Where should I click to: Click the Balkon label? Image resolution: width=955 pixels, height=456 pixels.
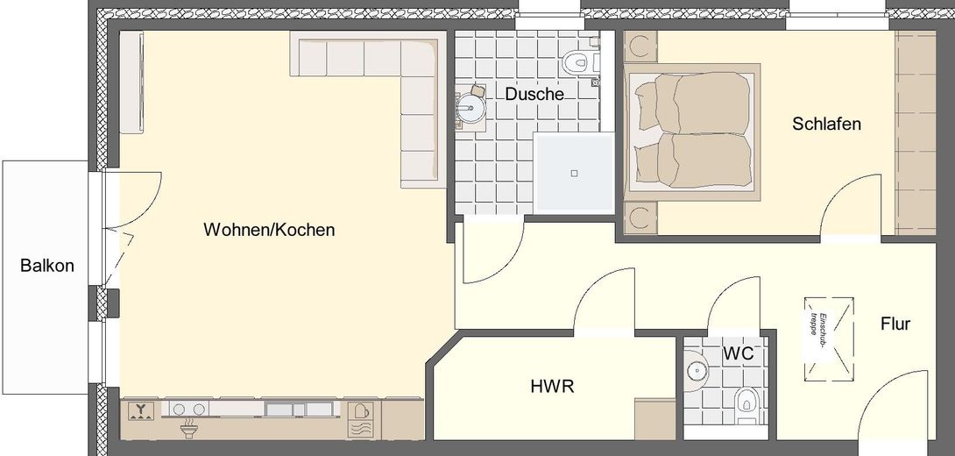click(x=47, y=266)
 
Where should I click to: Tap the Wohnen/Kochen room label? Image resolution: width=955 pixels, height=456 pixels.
click(x=269, y=231)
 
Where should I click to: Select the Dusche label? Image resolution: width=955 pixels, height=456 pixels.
click(x=534, y=94)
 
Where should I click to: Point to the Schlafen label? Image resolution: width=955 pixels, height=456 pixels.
click(x=826, y=124)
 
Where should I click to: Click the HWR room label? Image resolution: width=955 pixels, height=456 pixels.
click(x=552, y=385)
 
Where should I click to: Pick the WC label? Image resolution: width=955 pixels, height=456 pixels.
click(x=739, y=354)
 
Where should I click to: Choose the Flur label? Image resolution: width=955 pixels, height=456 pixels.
click(x=895, y=324)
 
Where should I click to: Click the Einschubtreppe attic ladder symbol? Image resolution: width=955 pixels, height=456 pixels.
click(x=826, y=333)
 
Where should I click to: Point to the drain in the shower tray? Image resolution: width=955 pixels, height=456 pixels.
click(x=574, y=173)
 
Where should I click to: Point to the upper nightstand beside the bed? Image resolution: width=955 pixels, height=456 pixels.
click(x=640, y=46)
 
